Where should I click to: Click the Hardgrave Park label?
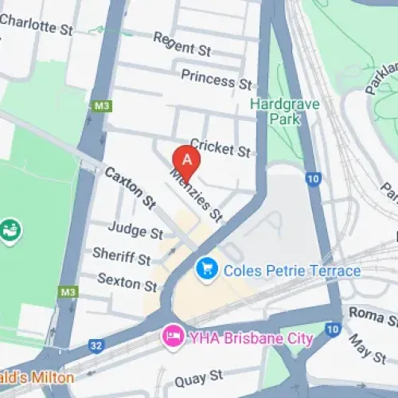click(x=275, y=111)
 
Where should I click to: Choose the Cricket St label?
click(x=220, y=148)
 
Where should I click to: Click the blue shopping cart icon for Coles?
click(x=207, y=270)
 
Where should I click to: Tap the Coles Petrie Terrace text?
click(x=291, y=271)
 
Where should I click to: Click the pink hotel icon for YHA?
click(x=171, y=337)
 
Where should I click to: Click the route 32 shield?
click(x=96, y=345)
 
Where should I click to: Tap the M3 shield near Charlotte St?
click(x=100, y=106)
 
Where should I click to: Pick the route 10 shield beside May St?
click(x=333, y=327)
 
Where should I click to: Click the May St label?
click(x=367, y=348)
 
